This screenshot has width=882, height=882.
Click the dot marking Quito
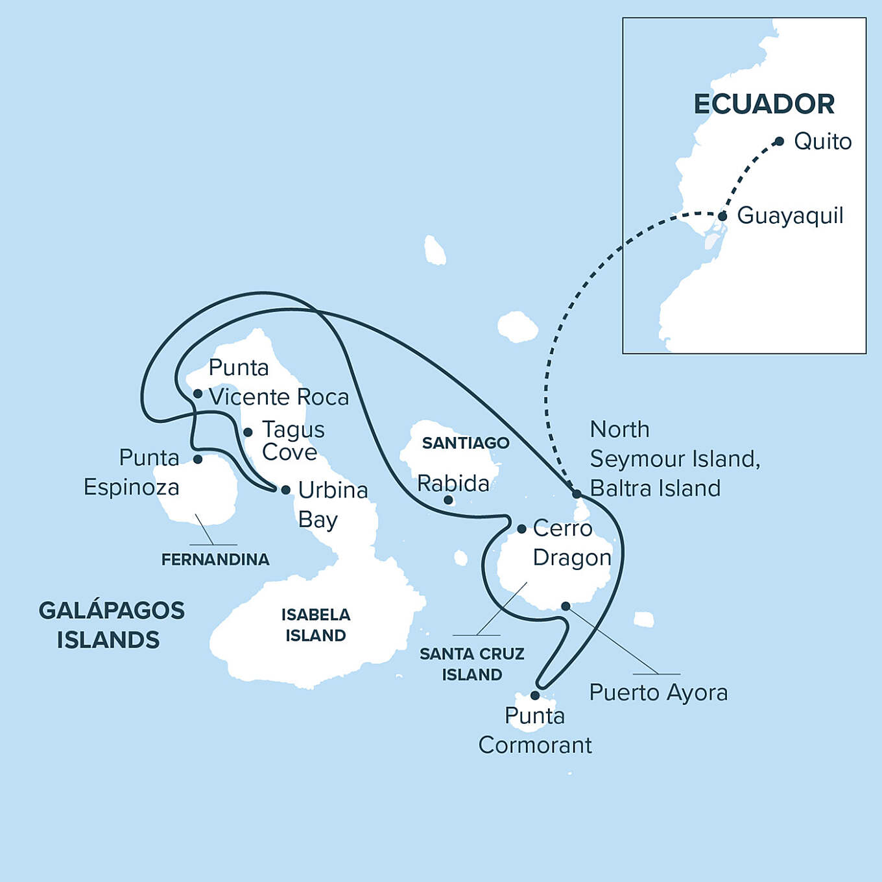(780, 141)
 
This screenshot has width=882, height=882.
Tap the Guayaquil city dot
(722, 216)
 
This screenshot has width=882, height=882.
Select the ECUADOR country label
(764, 104)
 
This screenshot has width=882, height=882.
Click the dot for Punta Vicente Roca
(198, 394)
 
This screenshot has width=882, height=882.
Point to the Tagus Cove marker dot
(248, 432)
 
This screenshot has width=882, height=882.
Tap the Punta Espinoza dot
(198, 459)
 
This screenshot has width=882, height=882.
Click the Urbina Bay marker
(285, 490)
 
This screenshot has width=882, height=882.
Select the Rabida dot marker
(448, 500)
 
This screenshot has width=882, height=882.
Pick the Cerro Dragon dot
(521, 529)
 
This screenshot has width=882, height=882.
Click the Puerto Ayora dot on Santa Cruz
(566, 606)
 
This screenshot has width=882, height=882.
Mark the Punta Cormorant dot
(535, 695)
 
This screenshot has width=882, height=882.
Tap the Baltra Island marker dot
(577, 494)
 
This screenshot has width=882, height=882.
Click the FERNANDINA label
(215, 560)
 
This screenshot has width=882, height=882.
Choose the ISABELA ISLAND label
(316, 625)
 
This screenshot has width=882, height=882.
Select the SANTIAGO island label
(466, 443)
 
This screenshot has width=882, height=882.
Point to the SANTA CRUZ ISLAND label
(472, 664)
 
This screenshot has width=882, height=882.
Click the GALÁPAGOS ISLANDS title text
(111, 625)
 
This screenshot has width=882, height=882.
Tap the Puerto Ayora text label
(658, 693)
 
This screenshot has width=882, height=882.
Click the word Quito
(822, 141)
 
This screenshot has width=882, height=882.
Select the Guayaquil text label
(790, 215)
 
